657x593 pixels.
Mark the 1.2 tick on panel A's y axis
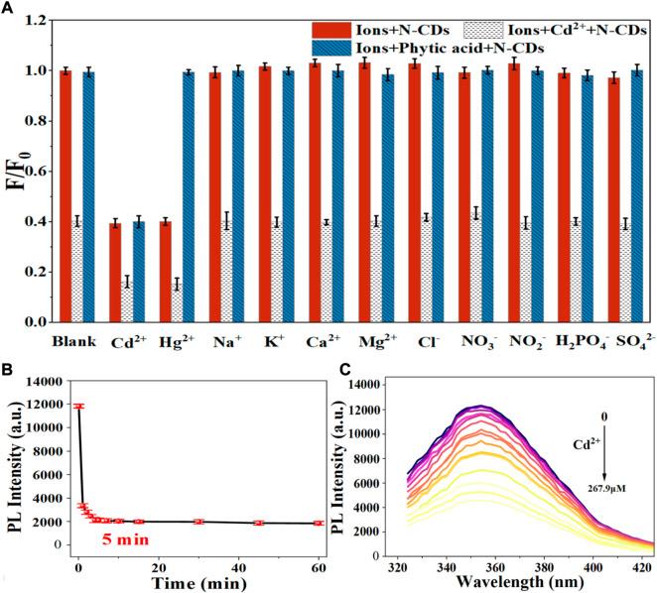37,20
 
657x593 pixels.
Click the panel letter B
8,372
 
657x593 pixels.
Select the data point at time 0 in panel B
79,406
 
